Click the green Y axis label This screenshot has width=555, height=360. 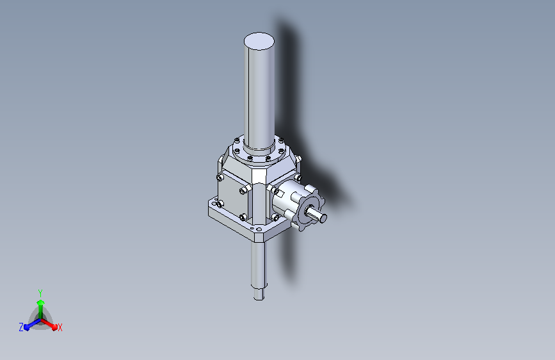pos(40,293)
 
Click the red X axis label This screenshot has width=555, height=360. pos(60,328)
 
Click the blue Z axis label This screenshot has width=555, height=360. pos(21,327)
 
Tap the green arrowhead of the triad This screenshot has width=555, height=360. pos(41,302)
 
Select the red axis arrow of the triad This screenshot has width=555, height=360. pos(49,324)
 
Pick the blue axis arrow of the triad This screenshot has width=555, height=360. pos(33,324)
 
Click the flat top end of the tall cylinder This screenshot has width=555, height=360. pos(259,41)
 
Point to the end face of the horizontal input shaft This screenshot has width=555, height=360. pos(323,218)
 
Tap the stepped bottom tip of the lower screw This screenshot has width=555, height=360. pos(259,294)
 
